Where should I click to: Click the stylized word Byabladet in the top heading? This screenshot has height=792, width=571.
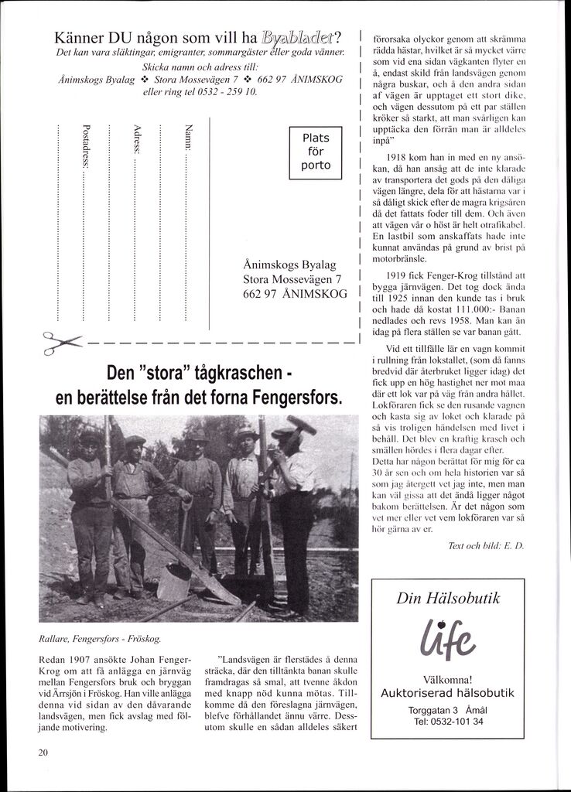point(300,37)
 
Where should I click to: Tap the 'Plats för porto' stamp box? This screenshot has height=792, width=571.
point(316,152)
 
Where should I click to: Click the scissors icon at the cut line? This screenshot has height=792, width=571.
point(62,342)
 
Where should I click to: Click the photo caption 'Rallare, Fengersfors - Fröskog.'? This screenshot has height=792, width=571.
point(100,640)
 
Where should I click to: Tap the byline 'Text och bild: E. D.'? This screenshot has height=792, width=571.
point(486,546)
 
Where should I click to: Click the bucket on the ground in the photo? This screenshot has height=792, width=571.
point(174,582)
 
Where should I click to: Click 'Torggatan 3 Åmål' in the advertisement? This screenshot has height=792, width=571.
point(448,710)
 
